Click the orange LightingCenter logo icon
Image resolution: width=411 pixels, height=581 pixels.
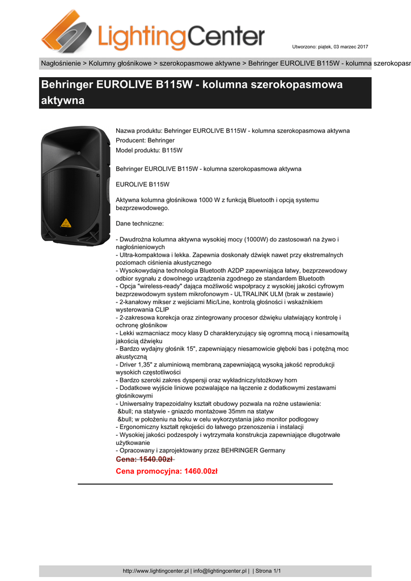tap(66, 31)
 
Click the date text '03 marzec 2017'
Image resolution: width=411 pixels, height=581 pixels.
tap(350, 46)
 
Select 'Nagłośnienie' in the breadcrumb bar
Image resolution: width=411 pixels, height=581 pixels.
tap(61, 63)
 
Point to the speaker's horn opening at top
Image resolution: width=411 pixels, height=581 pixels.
tap(76, 145)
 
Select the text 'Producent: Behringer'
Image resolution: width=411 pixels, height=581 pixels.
tap(145, 140)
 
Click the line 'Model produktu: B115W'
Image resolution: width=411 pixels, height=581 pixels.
tap(149, 150)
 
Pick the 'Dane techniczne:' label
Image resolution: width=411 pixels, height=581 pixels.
tap(139, 224)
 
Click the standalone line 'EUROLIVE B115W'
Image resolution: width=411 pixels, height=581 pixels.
tap(142, 184)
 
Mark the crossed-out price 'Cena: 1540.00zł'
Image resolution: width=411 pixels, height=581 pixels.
tap(145, 459)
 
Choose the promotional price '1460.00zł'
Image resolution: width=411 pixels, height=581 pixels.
tap(201, 471)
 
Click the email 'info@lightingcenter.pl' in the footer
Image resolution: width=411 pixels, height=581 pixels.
tap(220, 571)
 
